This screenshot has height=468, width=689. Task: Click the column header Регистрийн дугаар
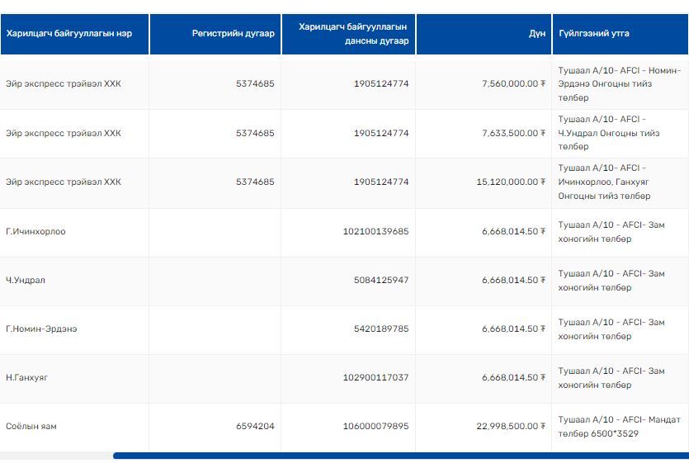click(233, 34)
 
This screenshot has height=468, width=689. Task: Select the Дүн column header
click(536, 34)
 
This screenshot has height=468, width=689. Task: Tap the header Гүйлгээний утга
click(593, 34)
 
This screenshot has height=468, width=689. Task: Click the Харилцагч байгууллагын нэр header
click(69, 34)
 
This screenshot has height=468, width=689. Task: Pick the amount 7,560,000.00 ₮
click(513, 84)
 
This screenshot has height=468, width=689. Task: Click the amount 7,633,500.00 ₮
click(513, 133)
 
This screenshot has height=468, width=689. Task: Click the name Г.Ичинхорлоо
click(35, 231)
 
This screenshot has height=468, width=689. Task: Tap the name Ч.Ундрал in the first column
click(26, 280)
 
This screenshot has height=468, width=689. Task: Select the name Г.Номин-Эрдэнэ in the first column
click(41, 329)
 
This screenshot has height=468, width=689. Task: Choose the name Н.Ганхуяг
click(27, 377)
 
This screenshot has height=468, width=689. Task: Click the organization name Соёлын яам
click(31, 426)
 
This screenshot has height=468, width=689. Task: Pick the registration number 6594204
click(255, 426)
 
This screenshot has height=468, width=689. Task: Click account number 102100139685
click(375, 231)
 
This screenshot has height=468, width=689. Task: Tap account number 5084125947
click(381, 280)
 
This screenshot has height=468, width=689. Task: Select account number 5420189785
click(381, 329)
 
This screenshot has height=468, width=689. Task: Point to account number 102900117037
click(375, 377)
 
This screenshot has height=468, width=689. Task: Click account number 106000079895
click(375, 426)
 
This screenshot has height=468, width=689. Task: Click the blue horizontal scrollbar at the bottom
click(400, 456)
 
